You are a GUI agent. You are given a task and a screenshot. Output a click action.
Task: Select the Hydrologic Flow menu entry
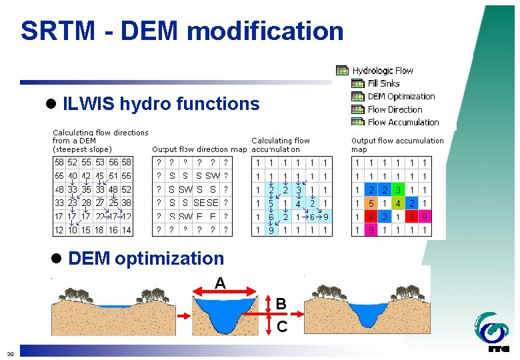point(382,71)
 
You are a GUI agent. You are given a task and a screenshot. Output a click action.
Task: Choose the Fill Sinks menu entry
point(383,83)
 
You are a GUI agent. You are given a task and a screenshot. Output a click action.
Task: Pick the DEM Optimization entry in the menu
point(401,96)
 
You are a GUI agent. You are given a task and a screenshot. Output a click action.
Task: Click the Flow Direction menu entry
point(395,109)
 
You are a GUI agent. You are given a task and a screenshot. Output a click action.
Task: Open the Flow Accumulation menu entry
point(403,122)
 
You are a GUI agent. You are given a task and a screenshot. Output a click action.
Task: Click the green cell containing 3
point(397,190)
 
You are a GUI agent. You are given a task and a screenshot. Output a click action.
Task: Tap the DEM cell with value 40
point(73,176)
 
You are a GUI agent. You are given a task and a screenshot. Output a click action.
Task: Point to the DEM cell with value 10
point(73,230)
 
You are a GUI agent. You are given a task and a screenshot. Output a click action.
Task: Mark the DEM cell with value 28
point(86,203)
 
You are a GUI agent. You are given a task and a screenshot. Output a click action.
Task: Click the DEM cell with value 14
point(127,230)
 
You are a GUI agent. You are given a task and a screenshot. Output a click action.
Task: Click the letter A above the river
point(219,283)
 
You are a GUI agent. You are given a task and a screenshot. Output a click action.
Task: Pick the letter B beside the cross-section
point(281,304)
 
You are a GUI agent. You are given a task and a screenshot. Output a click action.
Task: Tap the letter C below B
point(282,327)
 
